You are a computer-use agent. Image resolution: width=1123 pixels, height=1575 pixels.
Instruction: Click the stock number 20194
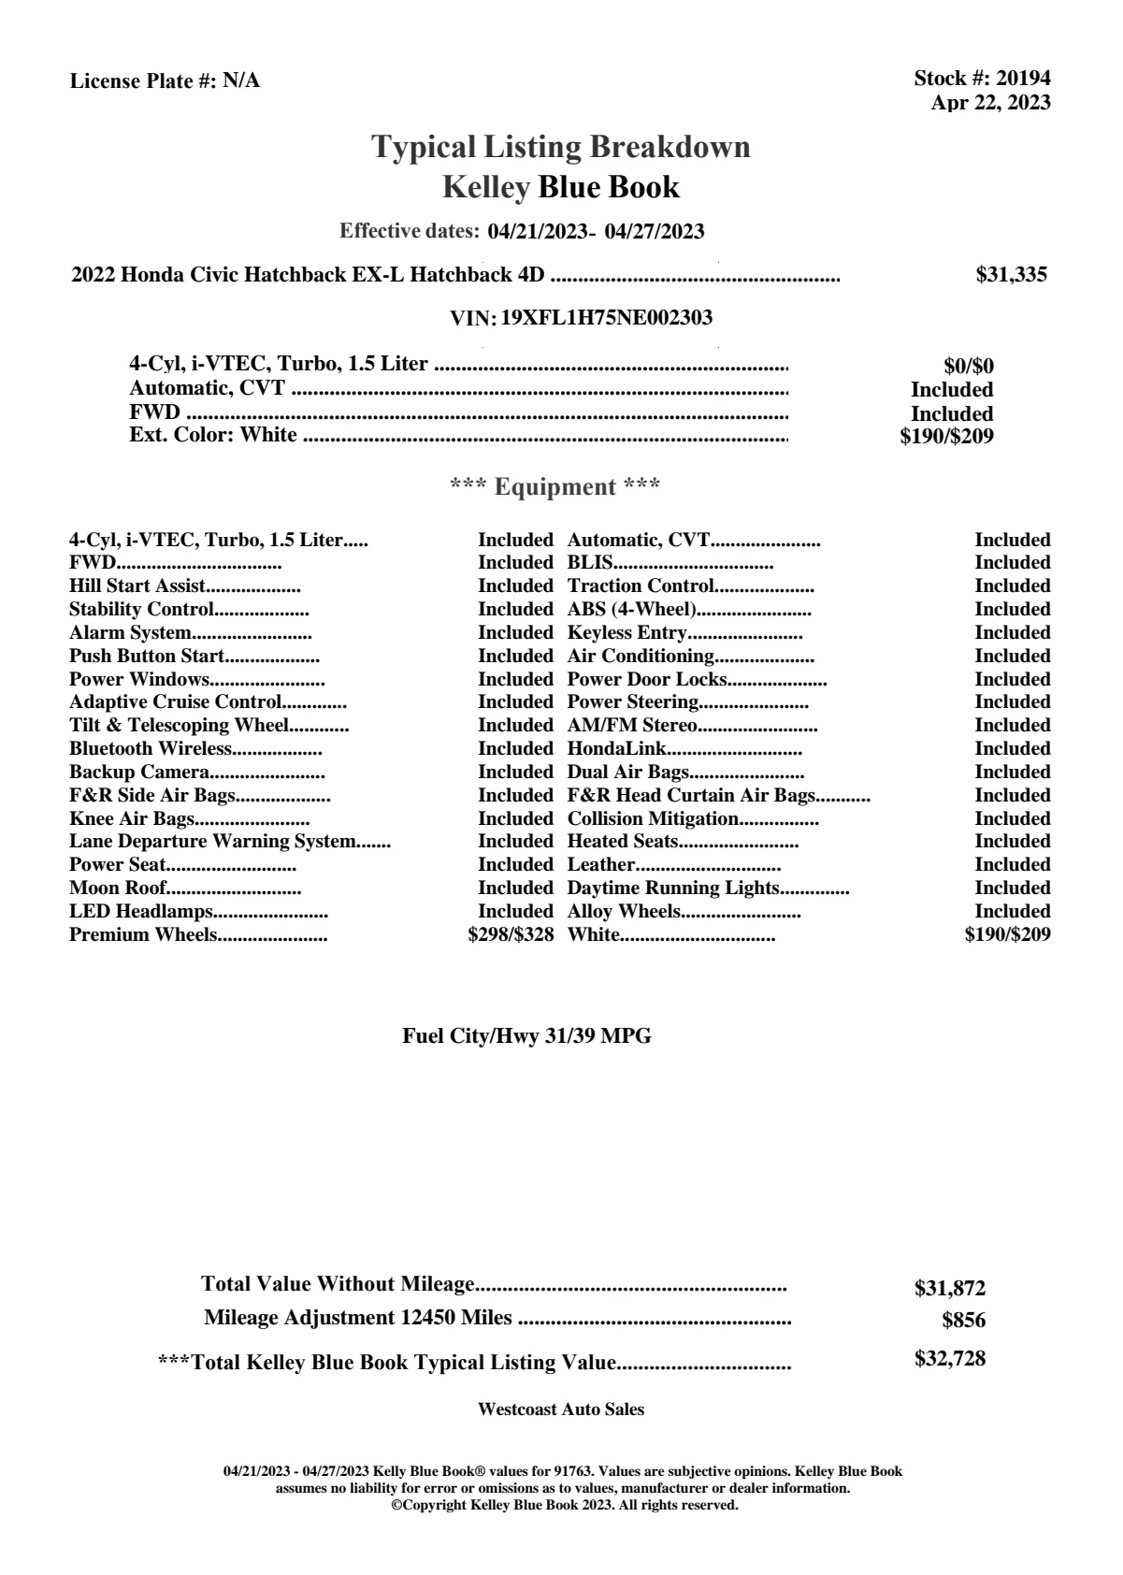pyautogui.click(x=1023, y=79)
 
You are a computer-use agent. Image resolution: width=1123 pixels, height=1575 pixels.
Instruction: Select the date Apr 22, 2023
pyautogui.click(x=990, y=103)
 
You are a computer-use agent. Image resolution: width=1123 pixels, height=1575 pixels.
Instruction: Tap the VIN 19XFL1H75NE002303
pyautogui.click(x=606, y=318)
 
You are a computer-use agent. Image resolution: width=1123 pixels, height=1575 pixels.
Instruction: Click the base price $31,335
pyautogui.click(x=1011, y=275)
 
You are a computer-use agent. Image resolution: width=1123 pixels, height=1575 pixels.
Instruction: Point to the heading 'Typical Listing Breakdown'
pyautogui.click(x=561, y=147)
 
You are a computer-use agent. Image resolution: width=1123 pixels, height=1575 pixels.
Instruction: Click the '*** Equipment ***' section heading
pyautogui.click(x=555, y=487)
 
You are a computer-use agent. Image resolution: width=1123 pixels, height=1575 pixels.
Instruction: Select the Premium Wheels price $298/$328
pyautogui.click(x=511, y=934)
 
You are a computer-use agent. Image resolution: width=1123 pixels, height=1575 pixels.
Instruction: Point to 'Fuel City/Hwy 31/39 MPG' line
pyautogui.click(x=526, y=1036)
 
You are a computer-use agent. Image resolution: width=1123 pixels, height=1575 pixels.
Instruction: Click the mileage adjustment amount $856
pyautogui.click(x=963, y=1321)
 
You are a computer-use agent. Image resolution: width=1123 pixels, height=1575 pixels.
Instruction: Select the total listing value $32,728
pyautogui.click(x=949, y=1359)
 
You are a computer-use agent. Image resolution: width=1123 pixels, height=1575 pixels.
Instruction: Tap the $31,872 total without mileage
pyautogui.click(x=949, y=1289)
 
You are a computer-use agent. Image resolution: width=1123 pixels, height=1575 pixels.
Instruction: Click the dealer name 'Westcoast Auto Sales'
pyautogui.click(x=560, y=1409)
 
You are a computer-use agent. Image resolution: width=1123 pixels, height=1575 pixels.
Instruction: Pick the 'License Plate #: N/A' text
pyautogui.click(x=165, y=81)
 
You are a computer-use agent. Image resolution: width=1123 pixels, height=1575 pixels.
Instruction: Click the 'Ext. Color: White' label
pyautogui.click(x=213, y=435)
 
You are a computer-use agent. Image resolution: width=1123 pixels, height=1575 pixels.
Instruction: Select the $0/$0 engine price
pyautogui.click(x=969, y=367)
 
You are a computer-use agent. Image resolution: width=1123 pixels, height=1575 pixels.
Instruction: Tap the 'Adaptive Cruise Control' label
pyautogui.click(x=175, y=701)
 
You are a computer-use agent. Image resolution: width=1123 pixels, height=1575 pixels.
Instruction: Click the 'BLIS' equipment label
pyautogui.click(x=590, y=562)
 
